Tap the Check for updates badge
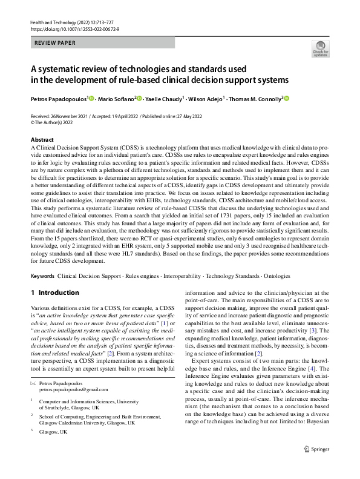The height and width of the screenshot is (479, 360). [x=320, y=48]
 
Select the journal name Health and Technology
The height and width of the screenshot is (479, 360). [x=55, y=22]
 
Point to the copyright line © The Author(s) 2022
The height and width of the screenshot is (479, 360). [x=57, y=122]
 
